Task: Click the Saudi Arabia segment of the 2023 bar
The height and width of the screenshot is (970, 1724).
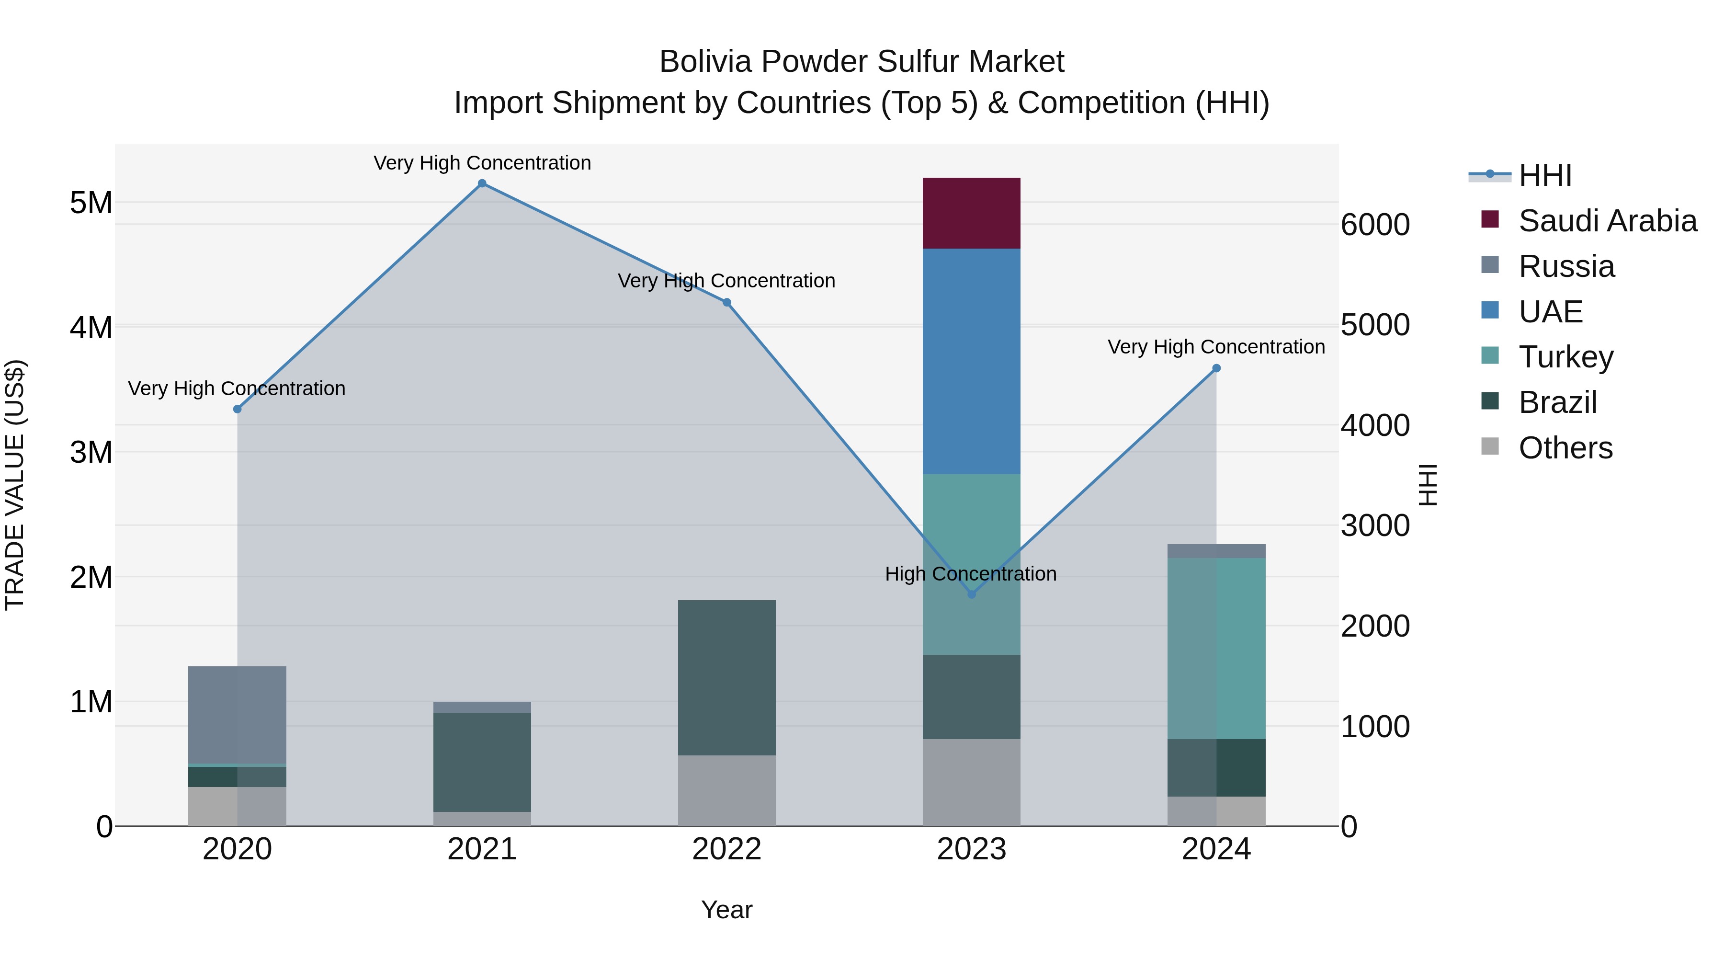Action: (x=971, y=213)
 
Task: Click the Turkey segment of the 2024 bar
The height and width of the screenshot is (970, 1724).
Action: (x=1216, y=648)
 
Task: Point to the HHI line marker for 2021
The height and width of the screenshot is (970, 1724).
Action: (x=482, y=183)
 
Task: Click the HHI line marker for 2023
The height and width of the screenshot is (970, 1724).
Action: (x=972, y=594)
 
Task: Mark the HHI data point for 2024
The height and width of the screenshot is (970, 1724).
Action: (x=1216, y=368)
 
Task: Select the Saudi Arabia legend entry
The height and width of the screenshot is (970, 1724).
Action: (x=1607, y=221)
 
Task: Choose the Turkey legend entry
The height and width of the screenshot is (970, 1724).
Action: (x=1565, y=357)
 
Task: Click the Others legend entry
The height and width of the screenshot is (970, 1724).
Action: (x=1565, y=448)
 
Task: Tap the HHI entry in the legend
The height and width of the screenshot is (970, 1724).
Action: (x=1544, y=175)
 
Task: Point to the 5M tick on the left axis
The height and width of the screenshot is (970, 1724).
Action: (x=91, y=203)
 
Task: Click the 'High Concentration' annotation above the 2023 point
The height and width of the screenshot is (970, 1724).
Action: (x=970, y=574)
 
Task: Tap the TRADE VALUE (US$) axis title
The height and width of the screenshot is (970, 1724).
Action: (x=15, y=485)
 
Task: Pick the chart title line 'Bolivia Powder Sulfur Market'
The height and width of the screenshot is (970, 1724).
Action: (x=862, y=62)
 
